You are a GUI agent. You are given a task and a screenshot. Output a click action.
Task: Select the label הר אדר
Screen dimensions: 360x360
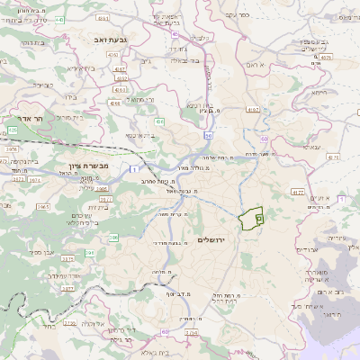19,118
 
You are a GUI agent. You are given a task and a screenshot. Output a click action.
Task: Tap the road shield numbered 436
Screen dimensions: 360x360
159,121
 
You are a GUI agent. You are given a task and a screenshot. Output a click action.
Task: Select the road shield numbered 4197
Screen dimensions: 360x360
251,110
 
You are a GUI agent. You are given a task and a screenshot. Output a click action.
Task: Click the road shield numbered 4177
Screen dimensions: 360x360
298,192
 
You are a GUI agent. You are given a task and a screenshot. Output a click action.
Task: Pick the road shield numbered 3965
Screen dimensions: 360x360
42,206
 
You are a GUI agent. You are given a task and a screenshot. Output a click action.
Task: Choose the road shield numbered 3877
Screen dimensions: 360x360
68,289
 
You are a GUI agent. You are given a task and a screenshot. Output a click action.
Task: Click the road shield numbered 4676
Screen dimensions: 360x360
325,56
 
